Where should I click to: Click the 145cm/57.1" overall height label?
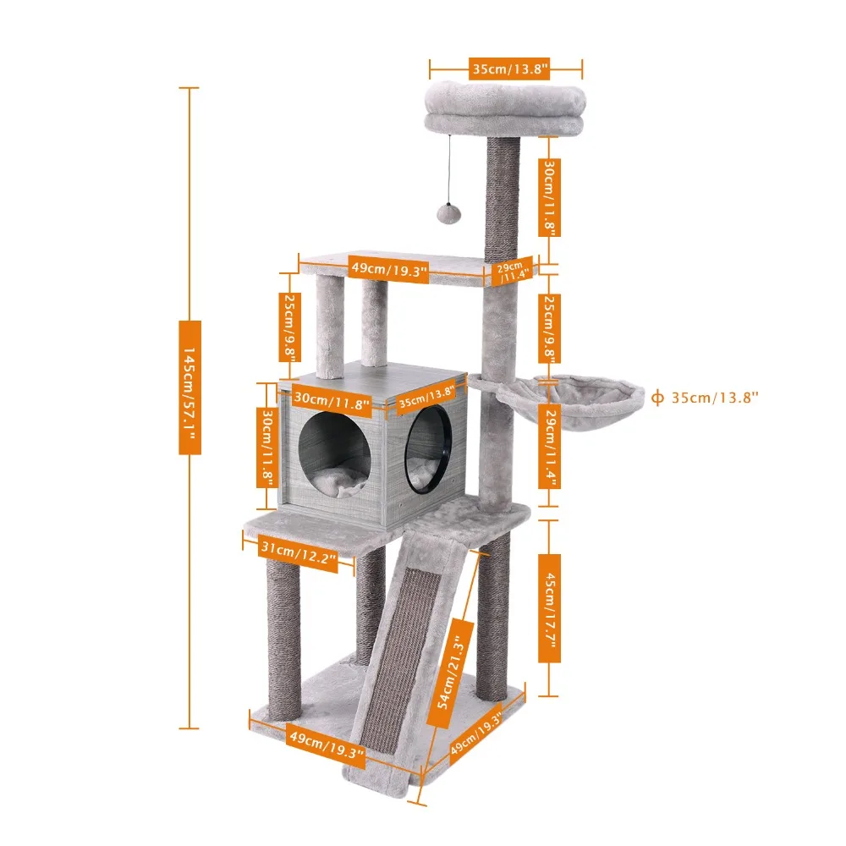pos(190,387)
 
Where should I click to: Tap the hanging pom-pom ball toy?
pos(448,212)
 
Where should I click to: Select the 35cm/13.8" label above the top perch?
pos(509,69)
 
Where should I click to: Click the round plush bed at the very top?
pos(505,108)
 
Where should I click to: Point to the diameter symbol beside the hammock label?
pos(657,398)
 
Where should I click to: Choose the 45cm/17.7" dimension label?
pos(549,608)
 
